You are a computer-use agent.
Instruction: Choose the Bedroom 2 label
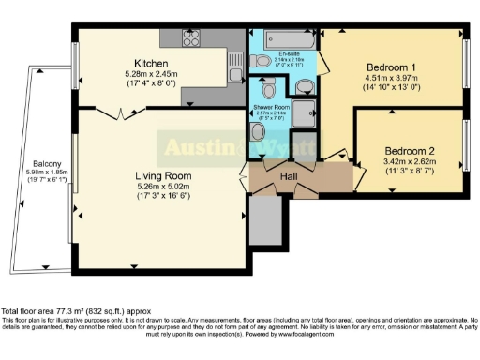tap(410, 150)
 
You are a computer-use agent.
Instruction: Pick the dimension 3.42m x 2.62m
tap(410, 161)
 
